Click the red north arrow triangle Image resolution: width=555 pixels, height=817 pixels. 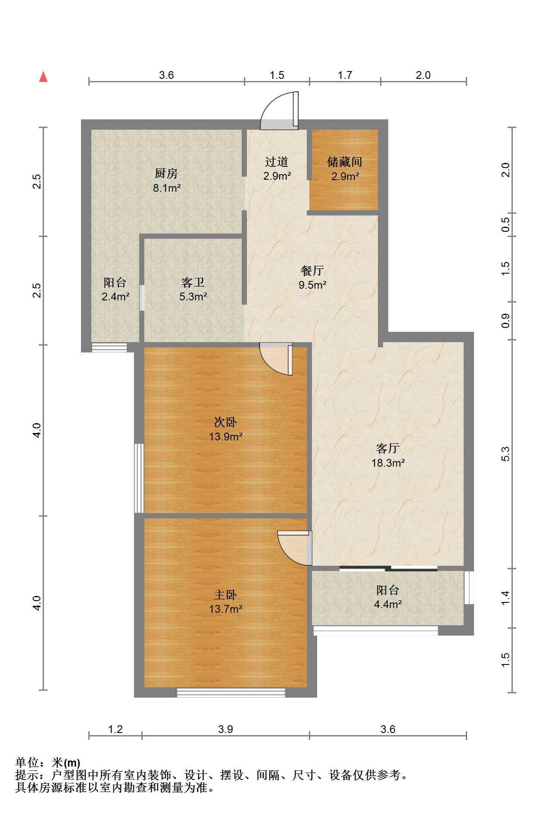(43, 77)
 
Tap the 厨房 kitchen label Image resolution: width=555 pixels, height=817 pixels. (166, 174)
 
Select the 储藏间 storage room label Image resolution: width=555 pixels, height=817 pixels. (345, 162)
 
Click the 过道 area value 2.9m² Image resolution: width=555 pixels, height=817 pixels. (277, 176)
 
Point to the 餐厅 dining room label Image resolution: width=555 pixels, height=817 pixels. (312, 271)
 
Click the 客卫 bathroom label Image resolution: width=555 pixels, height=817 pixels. (193, 283)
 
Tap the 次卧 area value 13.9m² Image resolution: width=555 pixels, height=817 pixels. (226, 437)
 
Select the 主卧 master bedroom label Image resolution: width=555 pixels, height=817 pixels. (225, 595)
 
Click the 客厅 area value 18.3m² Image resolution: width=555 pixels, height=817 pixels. (388, 463)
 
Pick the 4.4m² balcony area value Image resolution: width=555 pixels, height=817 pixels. (388, 605)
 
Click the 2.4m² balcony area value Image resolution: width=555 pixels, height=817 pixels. (115, 297)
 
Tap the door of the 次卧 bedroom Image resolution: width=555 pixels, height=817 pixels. (277, 359)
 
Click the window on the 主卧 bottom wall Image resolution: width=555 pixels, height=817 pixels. (231, 693)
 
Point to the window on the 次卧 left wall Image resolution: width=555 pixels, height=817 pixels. (139, 478)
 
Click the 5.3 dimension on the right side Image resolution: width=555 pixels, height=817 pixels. (506, 454)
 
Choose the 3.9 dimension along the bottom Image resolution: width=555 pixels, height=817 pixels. (225, 729)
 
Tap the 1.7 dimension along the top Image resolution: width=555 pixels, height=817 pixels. (345, 75)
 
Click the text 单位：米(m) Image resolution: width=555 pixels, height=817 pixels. (48, 763)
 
